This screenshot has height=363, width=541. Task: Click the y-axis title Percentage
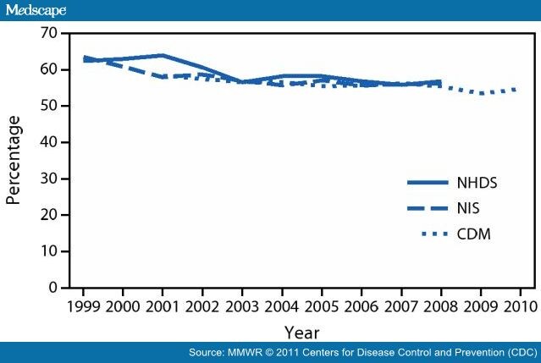click(14, 161)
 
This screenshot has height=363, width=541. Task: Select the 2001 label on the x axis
click(162, 305)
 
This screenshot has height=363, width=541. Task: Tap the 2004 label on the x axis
click(279, 305)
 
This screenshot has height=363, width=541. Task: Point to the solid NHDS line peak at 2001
click(162, 55)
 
